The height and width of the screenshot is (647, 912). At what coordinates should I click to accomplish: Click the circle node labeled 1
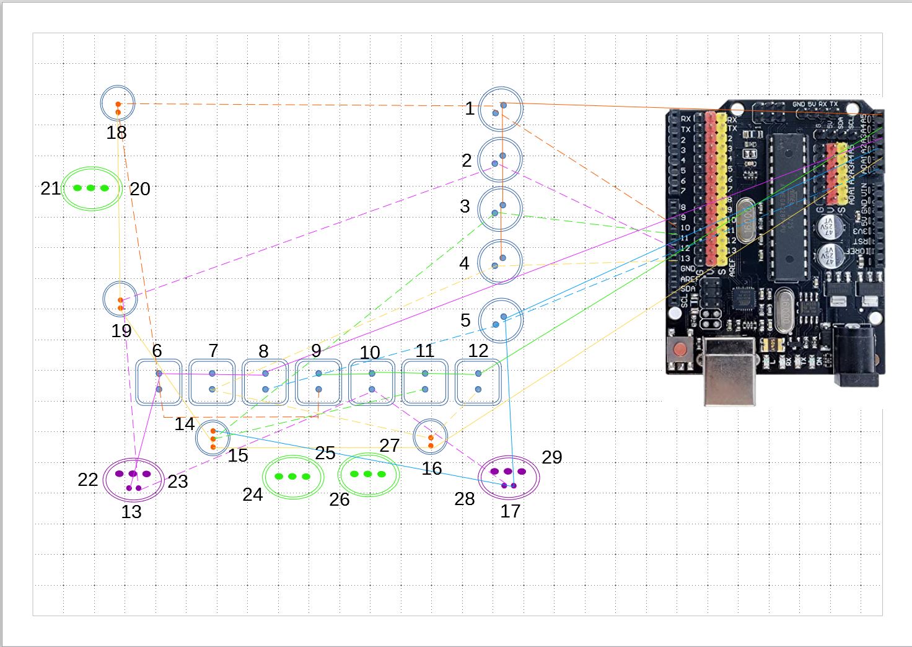point(501,109)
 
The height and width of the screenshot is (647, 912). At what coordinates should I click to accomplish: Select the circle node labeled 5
point(501,320)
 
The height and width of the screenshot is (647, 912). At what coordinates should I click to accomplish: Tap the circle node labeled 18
point(118,103)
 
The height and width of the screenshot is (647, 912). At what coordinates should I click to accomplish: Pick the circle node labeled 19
point(120,299)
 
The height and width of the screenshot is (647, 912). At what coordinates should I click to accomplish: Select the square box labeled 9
point(318,382)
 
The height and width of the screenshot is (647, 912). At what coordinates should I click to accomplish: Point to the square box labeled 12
point(478,382)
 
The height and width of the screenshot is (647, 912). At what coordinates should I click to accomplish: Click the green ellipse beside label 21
point(91,188)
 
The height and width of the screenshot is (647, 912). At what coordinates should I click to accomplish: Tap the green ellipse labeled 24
point(293,477)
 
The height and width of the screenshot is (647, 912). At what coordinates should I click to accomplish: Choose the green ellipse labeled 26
point(369,475)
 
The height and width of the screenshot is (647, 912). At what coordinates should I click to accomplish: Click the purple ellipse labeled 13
point(134,479)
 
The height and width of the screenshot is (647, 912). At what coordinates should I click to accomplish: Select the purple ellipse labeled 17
point(509,477)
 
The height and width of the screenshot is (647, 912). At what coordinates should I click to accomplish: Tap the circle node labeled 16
point(430,437)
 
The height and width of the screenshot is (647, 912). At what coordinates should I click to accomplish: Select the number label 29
point(551,457)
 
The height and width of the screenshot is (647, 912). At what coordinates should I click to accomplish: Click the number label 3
point(465,206)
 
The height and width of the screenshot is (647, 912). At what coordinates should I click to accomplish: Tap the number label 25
point(325,453)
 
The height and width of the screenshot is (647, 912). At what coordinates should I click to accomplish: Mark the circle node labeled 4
point(500,262)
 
